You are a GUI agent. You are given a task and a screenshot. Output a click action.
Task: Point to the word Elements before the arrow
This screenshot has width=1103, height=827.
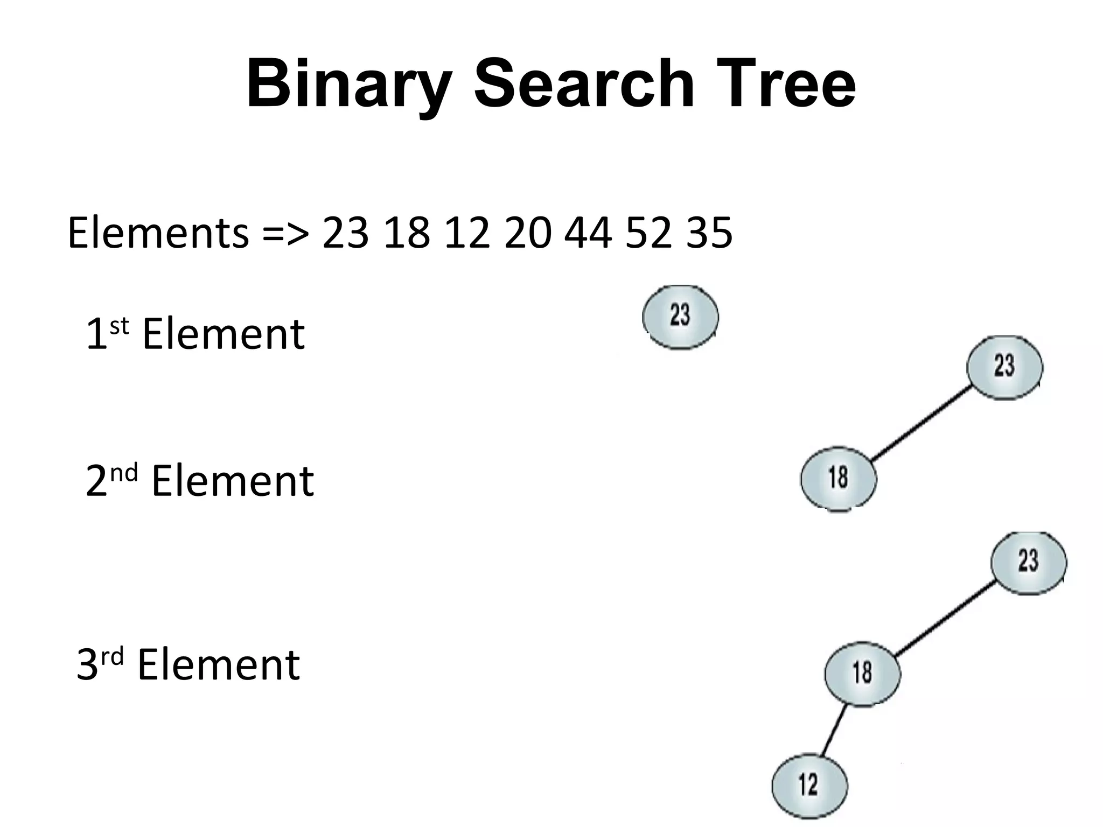pyautogui.click(x=158, y=233)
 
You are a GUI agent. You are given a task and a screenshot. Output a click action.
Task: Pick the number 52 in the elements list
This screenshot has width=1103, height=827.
pyautogui.click(x=649, y=233)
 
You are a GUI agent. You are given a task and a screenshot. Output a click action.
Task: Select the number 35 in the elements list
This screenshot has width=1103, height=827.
pyautogui.click(x=709, y=233)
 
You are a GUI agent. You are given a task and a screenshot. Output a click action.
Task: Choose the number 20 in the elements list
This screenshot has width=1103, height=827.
pyautogui.click(x=528, y=233)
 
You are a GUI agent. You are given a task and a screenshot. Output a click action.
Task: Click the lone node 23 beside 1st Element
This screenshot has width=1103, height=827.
pyautogui.click(x=680, y=317)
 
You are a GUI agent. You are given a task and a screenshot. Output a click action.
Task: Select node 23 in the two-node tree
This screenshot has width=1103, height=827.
pyautogui.click(x=1004, y=367)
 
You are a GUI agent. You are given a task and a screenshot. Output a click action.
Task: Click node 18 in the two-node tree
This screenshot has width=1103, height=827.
pyautogui.click(x=838, y=478)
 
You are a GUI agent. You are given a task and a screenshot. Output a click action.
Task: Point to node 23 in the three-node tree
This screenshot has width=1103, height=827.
pyautogui.click(x=1029, y=562)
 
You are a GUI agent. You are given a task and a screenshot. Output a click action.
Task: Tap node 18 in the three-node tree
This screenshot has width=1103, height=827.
pyautogui.click(x=862, y=673)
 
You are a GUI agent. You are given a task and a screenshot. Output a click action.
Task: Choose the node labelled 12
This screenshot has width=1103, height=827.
pyautogui.click(x=809, y=785)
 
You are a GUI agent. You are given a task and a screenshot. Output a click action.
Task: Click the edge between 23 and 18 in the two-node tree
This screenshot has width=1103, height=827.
pyautogui.click(x=921, y=423)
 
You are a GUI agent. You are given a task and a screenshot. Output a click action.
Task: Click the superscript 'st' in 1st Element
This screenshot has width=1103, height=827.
pyautogui.click(x=120, y=326)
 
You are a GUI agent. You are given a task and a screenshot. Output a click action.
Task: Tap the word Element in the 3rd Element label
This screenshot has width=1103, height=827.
pyautogui.click(x=219, y=665)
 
